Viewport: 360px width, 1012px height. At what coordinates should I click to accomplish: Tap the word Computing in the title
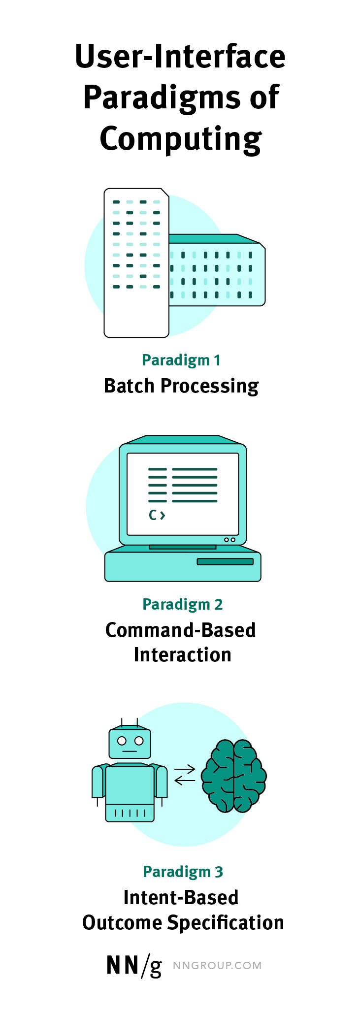pos(180,139)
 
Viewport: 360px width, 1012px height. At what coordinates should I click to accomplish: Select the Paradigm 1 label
pos(181,360)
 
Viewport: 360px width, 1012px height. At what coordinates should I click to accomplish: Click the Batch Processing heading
pos(181,386)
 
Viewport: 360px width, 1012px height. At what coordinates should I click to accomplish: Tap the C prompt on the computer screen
pos(156,516)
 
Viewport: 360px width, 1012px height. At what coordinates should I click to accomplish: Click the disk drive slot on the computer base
pos(225,562)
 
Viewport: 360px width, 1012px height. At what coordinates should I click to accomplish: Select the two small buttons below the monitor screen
pos(229,540)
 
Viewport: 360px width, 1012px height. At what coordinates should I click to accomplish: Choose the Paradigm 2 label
pos(182,604)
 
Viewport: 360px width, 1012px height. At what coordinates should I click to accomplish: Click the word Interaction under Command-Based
pos(182,655)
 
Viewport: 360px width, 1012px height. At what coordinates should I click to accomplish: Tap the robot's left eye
pos(122,741)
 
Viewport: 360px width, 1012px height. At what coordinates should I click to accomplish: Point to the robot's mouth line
pos(130,751)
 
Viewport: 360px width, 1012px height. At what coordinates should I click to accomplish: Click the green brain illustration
pos(234,776)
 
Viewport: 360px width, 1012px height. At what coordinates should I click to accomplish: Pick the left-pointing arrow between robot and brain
pos(185,780)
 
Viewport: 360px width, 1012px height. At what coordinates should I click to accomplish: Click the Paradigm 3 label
pos(183,872)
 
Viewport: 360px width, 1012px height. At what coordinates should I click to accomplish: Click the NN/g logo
pos(134,966)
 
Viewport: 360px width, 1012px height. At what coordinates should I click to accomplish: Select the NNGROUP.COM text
pos(217,966)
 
